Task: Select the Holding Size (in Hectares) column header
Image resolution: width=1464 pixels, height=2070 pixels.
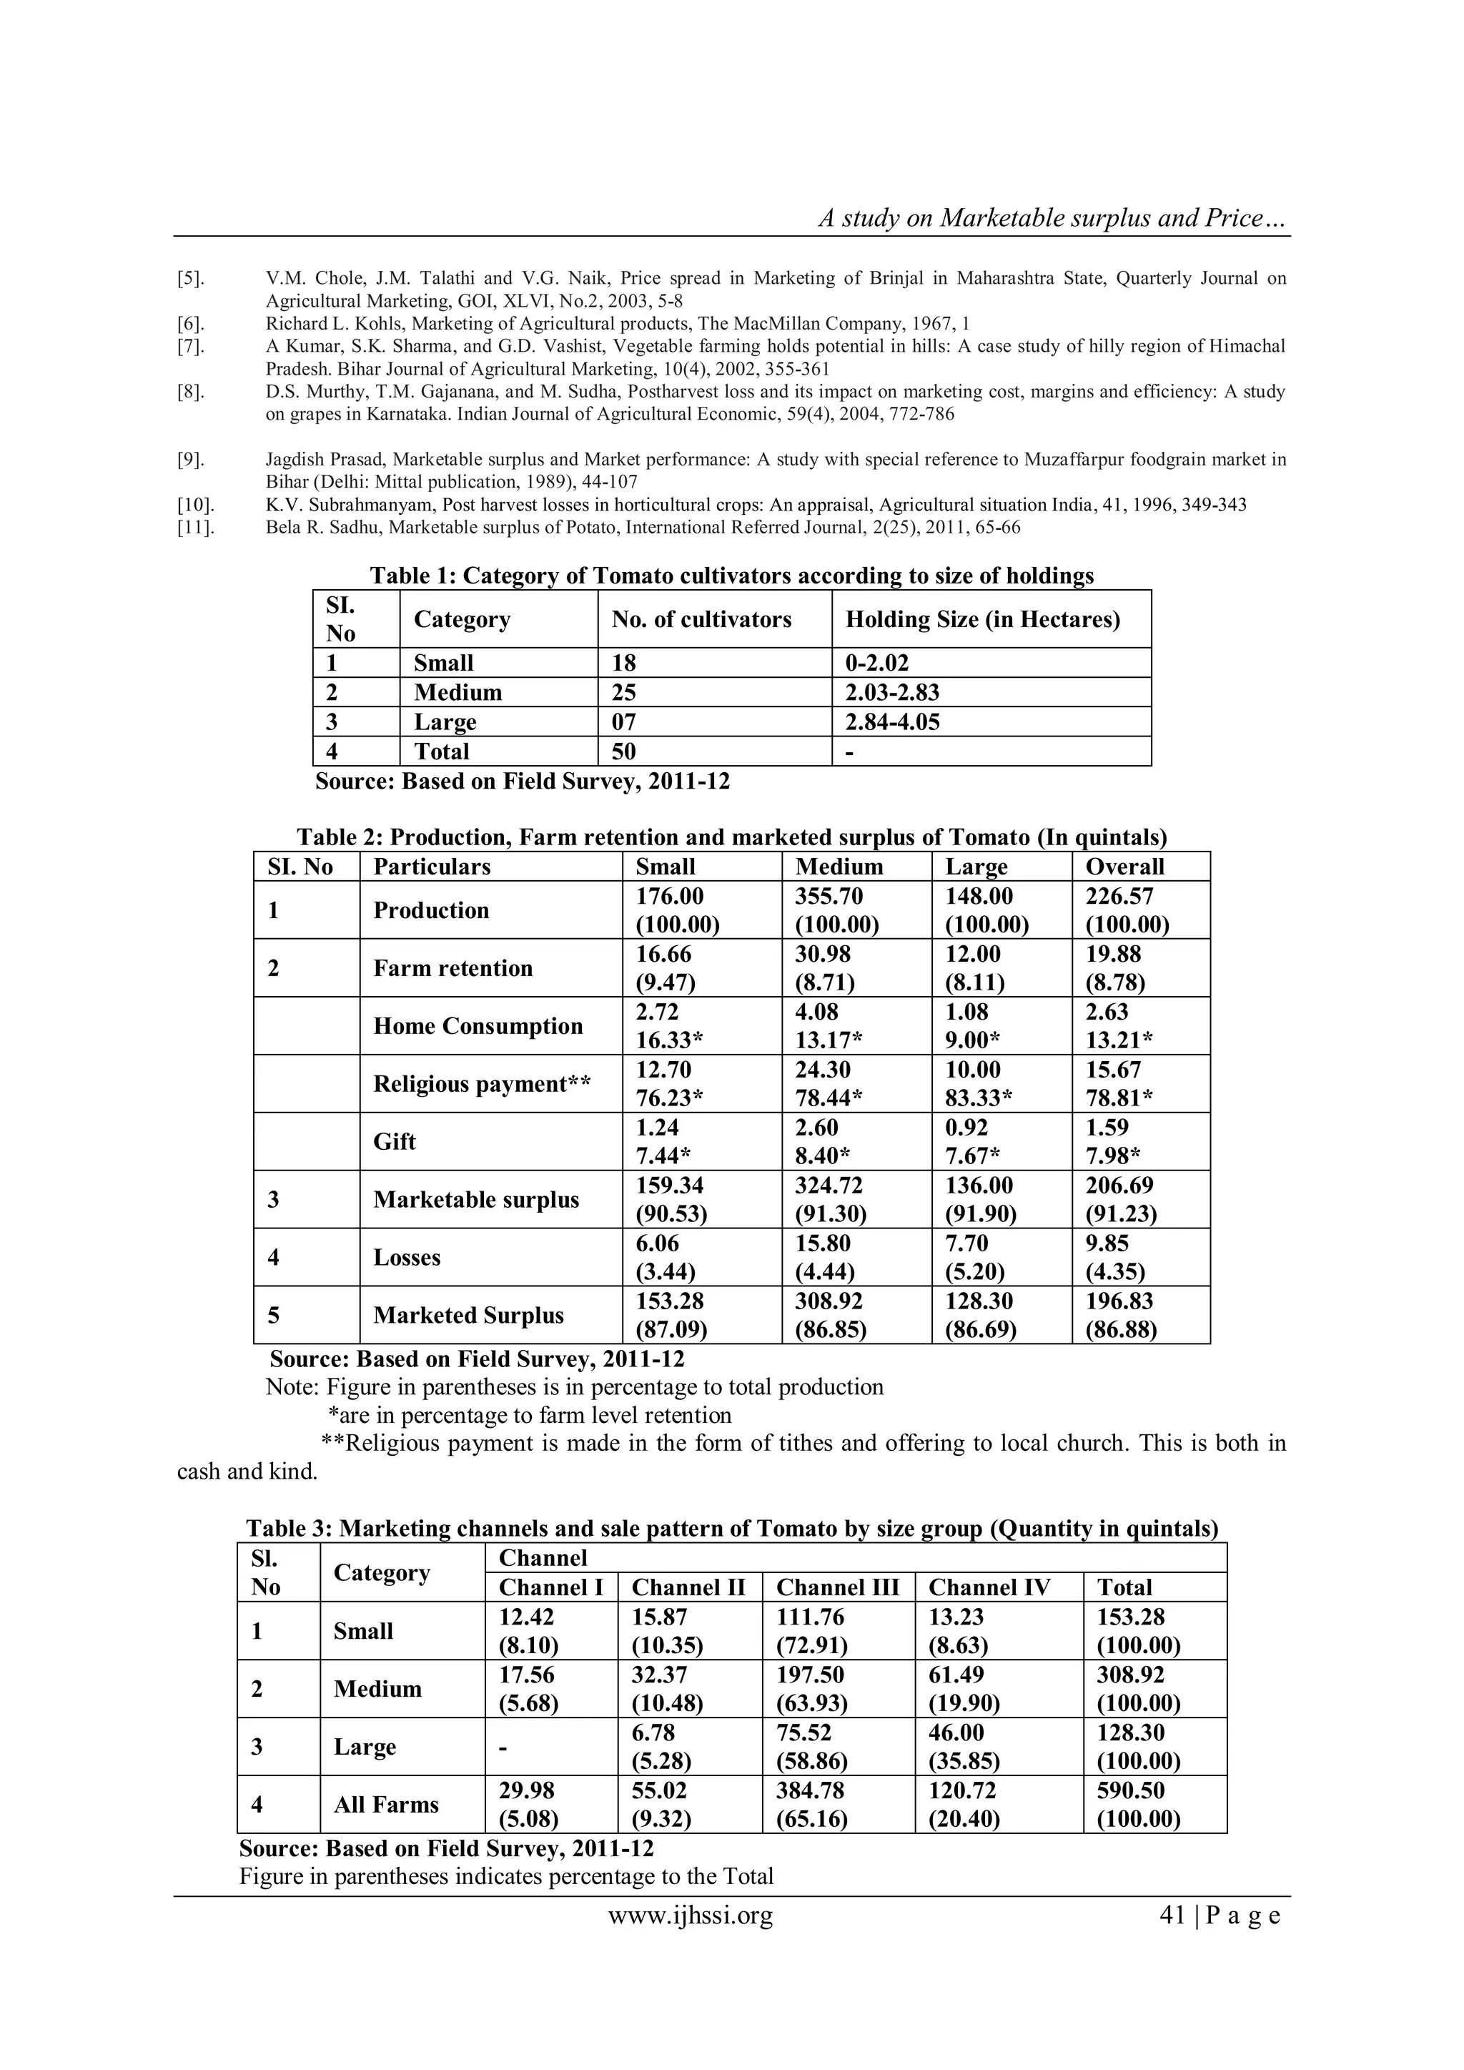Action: point(983,619)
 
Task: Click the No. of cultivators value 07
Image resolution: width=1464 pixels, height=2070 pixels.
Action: point(624,722)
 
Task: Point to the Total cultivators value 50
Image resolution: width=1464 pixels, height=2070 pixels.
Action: point(624,752)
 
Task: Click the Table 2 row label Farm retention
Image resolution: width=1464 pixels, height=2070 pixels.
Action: point(452,968)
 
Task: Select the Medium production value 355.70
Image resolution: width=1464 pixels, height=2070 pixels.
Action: point(829,897)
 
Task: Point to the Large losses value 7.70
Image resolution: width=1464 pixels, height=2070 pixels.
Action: point(966,1243)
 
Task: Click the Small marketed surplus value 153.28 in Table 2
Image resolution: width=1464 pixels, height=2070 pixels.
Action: point(669,1301)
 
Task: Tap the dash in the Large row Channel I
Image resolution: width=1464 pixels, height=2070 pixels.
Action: point(503,1748)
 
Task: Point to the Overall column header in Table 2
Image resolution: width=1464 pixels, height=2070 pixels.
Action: point(1124,867)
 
